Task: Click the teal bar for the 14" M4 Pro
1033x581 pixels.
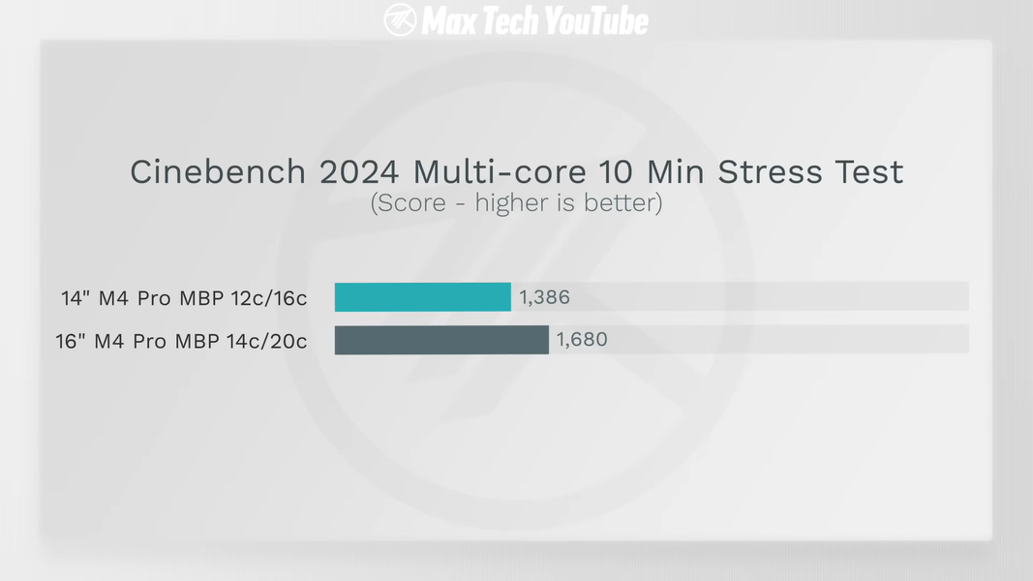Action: [422, 297]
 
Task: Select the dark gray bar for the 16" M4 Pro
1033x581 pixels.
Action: [441, 340]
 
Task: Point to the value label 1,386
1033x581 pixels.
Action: [545, 297]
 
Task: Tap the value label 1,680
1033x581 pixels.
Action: [582, 340]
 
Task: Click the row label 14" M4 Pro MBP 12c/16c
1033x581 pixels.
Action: [184, 298]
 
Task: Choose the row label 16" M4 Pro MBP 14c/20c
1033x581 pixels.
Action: [181, 341]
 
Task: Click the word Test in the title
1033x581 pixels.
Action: [869, 172]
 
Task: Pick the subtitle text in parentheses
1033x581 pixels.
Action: [516, 204]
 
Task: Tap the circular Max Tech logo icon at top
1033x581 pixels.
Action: [400, 19]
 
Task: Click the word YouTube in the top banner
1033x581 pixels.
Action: [595, 19]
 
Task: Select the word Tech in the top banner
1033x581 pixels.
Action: [508, 19]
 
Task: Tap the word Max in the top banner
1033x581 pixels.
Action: [449, 19]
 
